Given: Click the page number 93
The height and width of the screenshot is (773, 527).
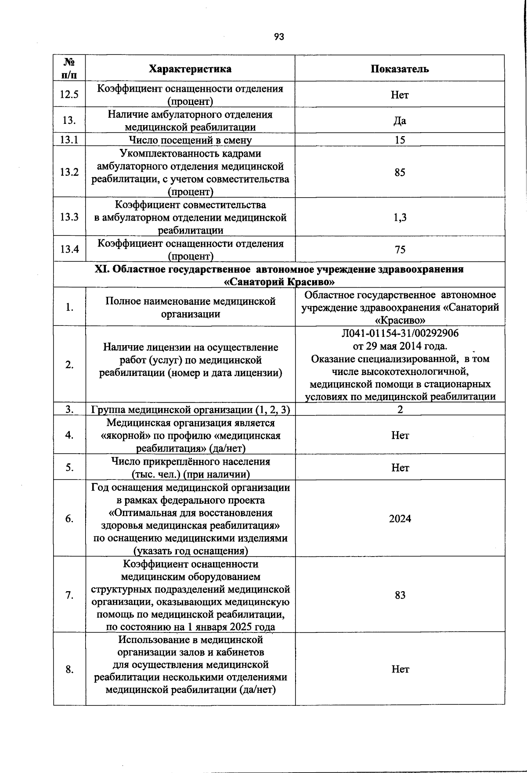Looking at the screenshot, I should [279, 37].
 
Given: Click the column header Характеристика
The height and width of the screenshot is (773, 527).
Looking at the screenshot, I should [190, 69].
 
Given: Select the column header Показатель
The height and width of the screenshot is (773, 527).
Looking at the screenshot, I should [400, 69].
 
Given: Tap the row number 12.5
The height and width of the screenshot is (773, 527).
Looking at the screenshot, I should [69, 94].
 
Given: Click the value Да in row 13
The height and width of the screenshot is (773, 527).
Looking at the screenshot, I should [400, 121].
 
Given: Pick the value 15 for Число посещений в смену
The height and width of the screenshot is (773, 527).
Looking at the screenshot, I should [400, 141].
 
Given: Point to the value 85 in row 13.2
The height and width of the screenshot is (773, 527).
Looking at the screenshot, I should [400, 172].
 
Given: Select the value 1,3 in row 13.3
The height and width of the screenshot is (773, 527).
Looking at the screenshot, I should [400, 217].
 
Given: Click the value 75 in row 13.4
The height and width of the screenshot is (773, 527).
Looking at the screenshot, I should [400, 249].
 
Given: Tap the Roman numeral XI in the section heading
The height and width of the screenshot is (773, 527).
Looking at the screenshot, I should [102, 269].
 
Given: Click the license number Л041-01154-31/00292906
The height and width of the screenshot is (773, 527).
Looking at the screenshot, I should [400, 333].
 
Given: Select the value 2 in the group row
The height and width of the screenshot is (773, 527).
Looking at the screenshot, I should [400, 409].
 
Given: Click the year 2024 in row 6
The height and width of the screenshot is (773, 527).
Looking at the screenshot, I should [400, 519].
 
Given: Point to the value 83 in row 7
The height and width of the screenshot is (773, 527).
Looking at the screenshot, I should [400, 595].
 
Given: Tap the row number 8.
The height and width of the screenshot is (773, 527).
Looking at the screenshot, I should [69, 669].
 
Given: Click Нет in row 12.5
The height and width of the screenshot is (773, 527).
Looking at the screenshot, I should [400, 95].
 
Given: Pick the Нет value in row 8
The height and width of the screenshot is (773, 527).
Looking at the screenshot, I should [400, 669].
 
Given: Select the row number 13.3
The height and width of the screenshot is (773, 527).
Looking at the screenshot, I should [69, 217].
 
